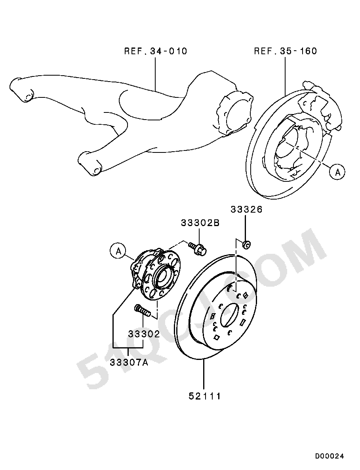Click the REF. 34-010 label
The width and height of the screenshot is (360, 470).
click(x=156, y=51)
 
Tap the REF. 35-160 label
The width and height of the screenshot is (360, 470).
click(x=286, y=51)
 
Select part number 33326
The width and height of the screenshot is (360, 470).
click(x=246, y=209)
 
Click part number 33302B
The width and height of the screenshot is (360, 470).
click(x=200, y=223)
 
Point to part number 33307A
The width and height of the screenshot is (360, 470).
click(x=129, y=363)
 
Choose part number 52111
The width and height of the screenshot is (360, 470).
click(x=205, y=396)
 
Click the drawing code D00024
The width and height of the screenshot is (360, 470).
click(x=330, y=457)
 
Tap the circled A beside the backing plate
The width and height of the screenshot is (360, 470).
click(x=337, y=172)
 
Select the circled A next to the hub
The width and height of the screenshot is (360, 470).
click(x=118, y=251)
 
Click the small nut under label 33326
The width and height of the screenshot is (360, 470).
click(x=246, y=245)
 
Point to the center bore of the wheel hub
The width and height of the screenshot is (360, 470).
click(x=162, y=276)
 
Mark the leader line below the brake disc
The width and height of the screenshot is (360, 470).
click(x=204, y=375)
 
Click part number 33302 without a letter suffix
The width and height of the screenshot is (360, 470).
click(x=144, y=334)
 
